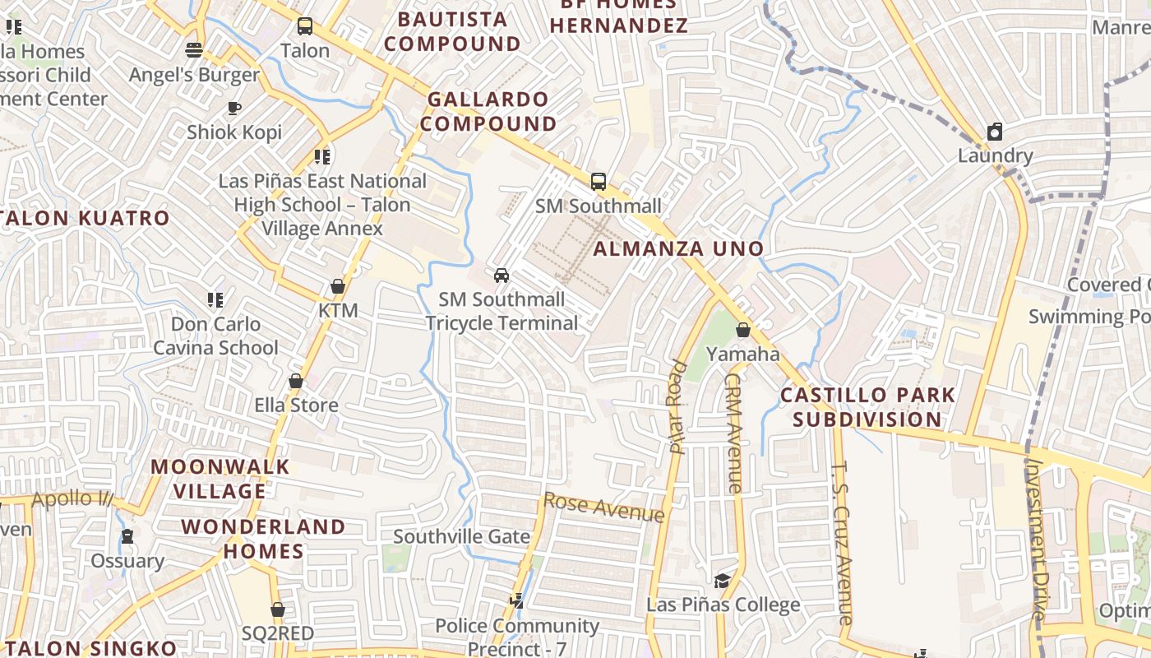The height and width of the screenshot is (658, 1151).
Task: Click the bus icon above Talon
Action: (x=305, y=26)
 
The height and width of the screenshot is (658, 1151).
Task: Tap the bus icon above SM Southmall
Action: (x=599, y=182)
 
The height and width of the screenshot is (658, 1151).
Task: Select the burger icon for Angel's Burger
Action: (x=194, y=50)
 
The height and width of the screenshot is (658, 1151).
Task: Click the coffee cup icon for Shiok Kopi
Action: (x=234, y=108)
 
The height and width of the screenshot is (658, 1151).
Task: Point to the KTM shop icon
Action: (x=337, y=286)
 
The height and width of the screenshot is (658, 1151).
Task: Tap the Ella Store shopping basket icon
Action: (x=296, y=381)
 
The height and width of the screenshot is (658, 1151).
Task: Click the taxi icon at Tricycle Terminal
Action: (x=502, y=275)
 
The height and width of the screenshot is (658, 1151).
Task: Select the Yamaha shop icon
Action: (x=743, y=330)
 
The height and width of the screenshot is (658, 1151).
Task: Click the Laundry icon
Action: (x=995, y=132)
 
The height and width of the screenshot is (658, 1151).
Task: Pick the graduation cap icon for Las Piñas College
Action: (x=722, y=581)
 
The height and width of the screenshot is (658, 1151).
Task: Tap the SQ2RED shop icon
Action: (x=278, y=609)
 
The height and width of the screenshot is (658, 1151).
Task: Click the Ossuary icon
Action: (x=127, y=536)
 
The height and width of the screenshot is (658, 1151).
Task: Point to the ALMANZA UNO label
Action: (x=679, y=248)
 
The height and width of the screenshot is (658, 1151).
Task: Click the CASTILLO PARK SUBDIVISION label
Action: (x=867, y=407)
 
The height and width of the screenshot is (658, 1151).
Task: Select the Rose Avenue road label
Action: (x=604, y=507)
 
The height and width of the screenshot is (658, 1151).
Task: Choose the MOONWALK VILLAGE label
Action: (x=220, y=479)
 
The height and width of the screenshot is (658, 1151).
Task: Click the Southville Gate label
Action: (x=461, y=536)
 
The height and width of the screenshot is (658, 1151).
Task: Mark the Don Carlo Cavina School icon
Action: (x=215, y=299)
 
